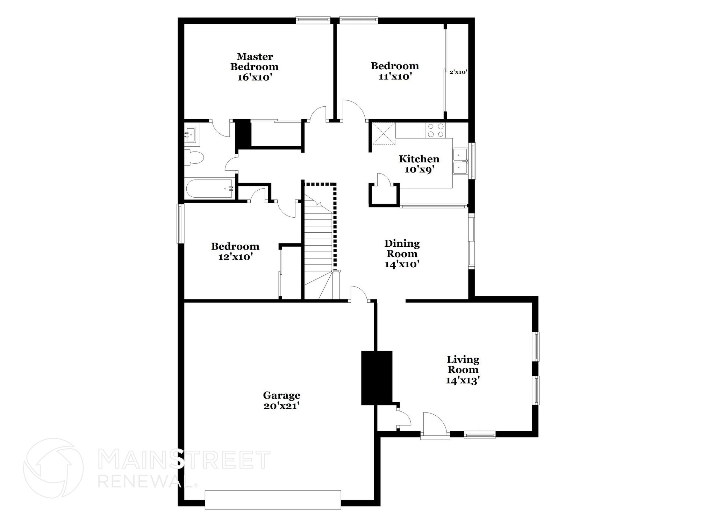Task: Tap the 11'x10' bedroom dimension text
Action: (x=394, y=77)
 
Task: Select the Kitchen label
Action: (x=419, y=159)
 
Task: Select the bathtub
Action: (x=210, y=189)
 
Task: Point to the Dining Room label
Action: (x=402, y=248)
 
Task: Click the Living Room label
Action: (x=463, y=364)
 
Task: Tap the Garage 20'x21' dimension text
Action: (x=281, y=406)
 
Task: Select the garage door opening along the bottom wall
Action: (x=273, y=500)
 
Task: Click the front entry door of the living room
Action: (x=435, y=426)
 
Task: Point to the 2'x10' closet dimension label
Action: (x=458, y=72)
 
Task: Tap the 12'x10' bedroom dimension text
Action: (x=235, y=257)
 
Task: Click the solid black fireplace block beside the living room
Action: (x=377, y=378)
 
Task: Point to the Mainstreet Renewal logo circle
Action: (x=53, y=468)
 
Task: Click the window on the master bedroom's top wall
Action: (x=313, y=20)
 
